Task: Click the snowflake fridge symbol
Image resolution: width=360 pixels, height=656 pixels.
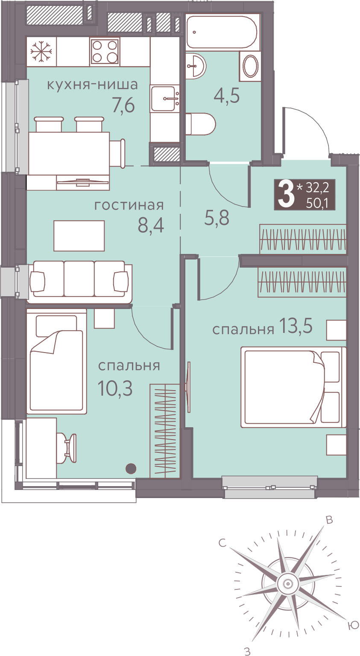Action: click(x=41, y=52)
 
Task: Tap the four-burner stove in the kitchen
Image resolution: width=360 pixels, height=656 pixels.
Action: click(x=105, y=52)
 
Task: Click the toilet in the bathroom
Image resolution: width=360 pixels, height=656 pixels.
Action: click(x=201, y=124)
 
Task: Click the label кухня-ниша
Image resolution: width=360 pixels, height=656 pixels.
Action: click(x=92, y=85)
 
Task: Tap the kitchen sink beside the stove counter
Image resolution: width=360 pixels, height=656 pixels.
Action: click(x=166, y=99)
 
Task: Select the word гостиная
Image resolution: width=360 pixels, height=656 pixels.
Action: click(x=129, y=205)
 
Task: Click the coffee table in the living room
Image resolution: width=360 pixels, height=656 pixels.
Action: click(x=79, y=236)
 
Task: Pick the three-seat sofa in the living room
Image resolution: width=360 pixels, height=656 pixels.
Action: click(x=79, y=282)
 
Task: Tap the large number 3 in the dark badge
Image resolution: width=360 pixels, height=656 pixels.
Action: click(x=286, y=194)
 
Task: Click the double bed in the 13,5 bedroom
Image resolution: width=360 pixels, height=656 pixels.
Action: click(x=293, y=387)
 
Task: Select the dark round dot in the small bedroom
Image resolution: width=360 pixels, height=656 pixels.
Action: click(x=131, y=469)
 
